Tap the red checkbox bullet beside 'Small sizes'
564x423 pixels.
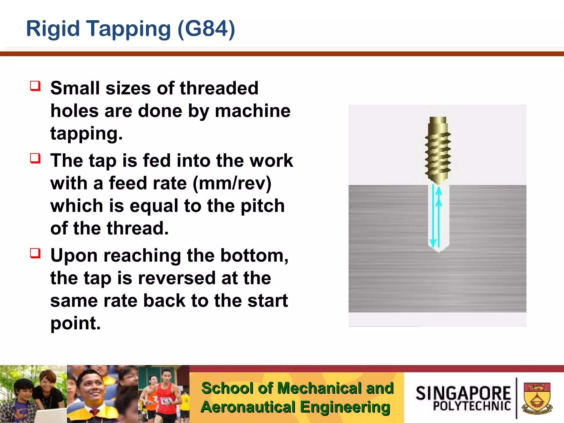tap(35, 86)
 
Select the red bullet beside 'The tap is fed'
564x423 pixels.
tap(35, 158)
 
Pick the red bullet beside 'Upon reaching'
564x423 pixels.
tap(35, 253)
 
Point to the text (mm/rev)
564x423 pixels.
tap(232, 183)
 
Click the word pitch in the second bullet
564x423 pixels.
tap(262, 206)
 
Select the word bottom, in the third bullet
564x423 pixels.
tap(254, 256)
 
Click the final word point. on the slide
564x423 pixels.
tap(75, 323)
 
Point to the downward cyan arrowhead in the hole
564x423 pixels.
tap(433, 243)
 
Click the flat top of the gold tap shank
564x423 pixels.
tap(438, 118)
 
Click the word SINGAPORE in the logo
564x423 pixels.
tap(463, 393)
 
